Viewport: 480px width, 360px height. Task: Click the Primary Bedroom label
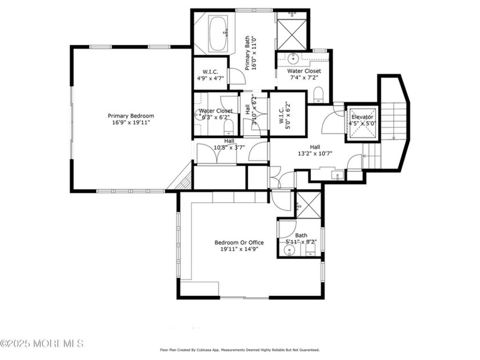[x=131, y=116]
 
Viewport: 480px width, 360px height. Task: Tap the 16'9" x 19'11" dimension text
[x=131, y=122]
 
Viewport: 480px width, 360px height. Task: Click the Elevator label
[x=362, y=117]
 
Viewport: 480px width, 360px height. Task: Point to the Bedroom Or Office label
[x=239, y=242]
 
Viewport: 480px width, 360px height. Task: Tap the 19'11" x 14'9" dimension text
[x=239, y=249]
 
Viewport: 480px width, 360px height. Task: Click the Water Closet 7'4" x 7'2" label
[x=303, y=71]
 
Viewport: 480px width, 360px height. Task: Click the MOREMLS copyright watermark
[x=42, y=343]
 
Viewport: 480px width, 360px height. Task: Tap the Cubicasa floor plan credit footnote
[x=239, y=350]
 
